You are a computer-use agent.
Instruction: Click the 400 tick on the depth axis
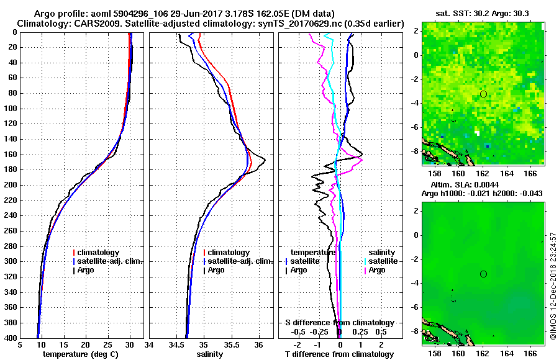click(x=12, y=338)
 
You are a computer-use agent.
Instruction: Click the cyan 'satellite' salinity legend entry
click(x=380, y=261)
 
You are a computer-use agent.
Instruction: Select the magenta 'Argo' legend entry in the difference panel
click(x=376, y=270)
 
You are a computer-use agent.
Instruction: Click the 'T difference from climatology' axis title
click(x=339, y=354)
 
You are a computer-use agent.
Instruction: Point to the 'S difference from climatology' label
click(x=339, y=323)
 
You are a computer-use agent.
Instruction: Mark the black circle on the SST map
click(x=483, y=94)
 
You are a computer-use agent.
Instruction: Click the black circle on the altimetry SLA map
click(x=483, y=274)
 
